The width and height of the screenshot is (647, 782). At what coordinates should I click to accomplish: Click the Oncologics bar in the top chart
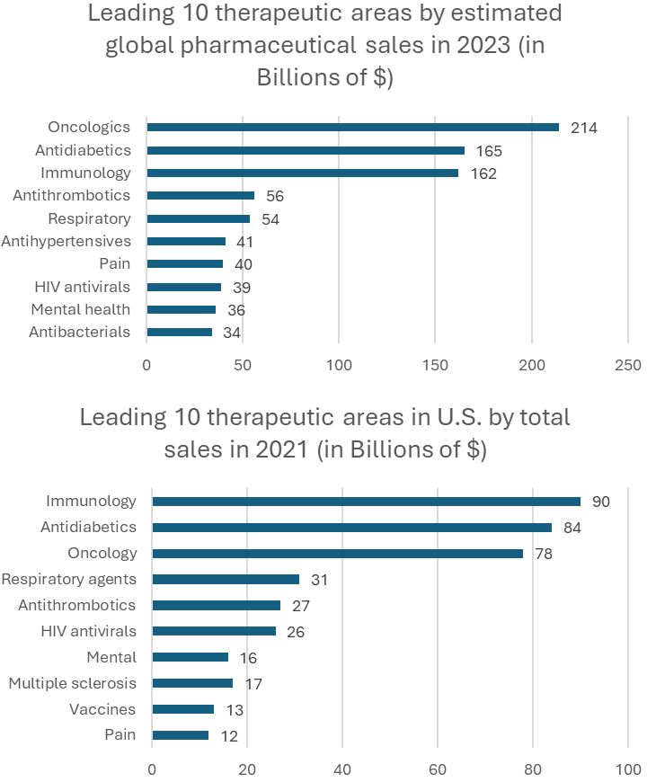[352, 128]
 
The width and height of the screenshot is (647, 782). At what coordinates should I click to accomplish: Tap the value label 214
[582, 128]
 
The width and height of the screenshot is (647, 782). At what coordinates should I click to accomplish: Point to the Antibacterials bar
[179, 332]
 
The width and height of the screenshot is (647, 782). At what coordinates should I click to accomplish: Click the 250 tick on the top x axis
[627, 365]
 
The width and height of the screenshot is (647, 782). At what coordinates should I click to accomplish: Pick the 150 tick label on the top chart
[435, 365]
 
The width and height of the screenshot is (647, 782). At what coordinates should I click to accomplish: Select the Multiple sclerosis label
[72, 683]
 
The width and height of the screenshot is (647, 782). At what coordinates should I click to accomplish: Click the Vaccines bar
[182, 709]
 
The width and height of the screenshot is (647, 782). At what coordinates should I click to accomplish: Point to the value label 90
[600, 502]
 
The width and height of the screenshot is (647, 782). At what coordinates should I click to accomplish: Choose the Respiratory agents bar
[225, 580]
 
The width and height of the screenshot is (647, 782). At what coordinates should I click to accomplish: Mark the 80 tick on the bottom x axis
[532, 769]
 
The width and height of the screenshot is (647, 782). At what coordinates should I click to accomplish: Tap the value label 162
[483, 173]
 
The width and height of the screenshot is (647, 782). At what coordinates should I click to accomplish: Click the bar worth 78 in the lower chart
[337, 554]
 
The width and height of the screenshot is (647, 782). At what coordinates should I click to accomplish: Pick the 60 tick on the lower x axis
[437, 769]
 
